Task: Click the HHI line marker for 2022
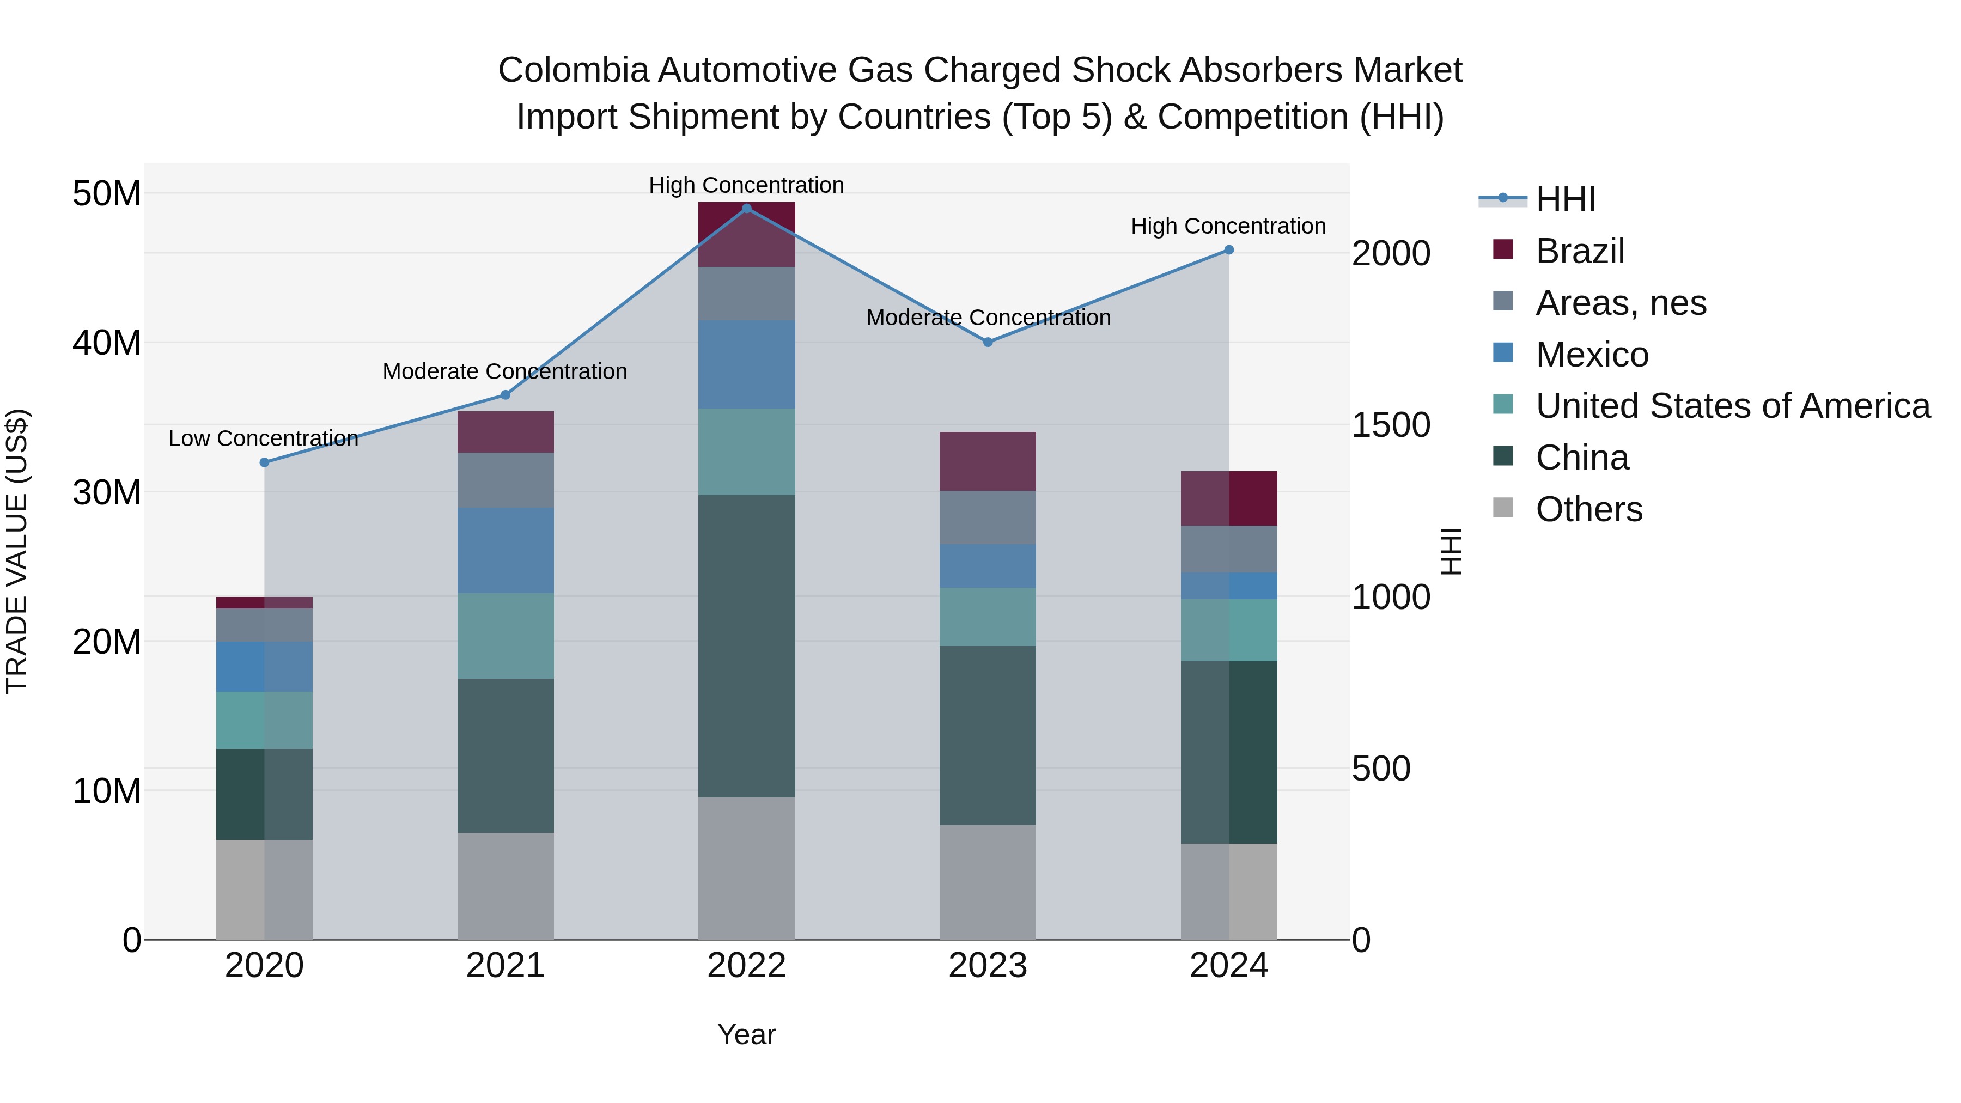[x=746, y=208]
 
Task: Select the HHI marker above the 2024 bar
[x=1229, y=249]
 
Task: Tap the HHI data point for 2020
[x=264, y=462]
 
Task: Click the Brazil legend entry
[x=1580, y=251]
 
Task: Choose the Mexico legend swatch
[x=1503, y=353]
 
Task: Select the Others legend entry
[x=1589, y=509]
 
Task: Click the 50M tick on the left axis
[x=107, y=193]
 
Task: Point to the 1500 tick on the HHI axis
[x=1390, y=425]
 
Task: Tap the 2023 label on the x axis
[x=988, y=966]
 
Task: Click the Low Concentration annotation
[x=264, y=438]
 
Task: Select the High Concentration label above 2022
[x=746, y=185]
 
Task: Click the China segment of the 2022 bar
[x=746, y=645]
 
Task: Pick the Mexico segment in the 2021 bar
[x=506, y=550]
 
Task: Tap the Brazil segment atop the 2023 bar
[x=988, y=461]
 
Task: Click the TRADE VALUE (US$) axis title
[x=17, y=551]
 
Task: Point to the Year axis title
[x=746, y=1034]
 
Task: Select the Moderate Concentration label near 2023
[x=988, y=318]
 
